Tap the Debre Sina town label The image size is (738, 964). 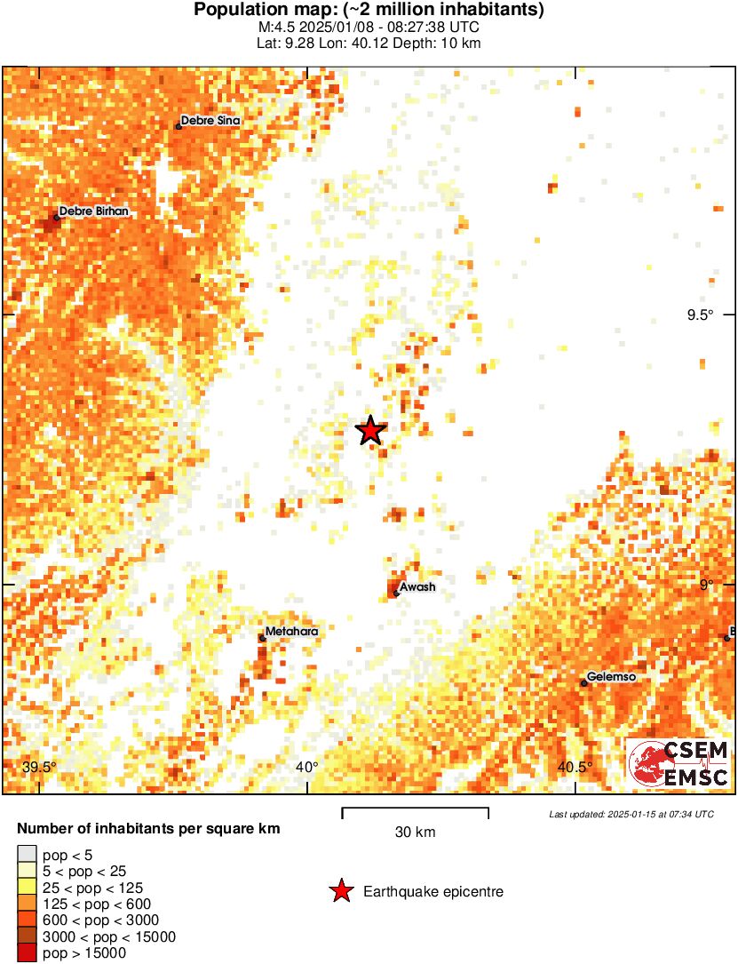pos(210,121)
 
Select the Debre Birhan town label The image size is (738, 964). pos(93,211)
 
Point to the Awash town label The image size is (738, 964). pos(417,587)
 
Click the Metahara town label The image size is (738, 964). pos(291,632)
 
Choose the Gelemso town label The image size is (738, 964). pos(612,677)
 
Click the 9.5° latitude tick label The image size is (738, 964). pos(699,315)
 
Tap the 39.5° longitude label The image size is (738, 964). pos(39,768)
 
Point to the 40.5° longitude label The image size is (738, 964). pos(575,768)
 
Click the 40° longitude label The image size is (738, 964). pos(307,768)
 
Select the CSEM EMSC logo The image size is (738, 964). pos(679,763)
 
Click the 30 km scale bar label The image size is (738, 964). pos(415,833)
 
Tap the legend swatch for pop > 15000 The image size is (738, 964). pos(28,952)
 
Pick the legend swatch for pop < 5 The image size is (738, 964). pos(28,855)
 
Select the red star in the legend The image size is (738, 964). pos(341,891)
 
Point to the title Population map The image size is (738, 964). pos(369,10)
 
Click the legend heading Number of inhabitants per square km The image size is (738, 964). pos(148,829)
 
